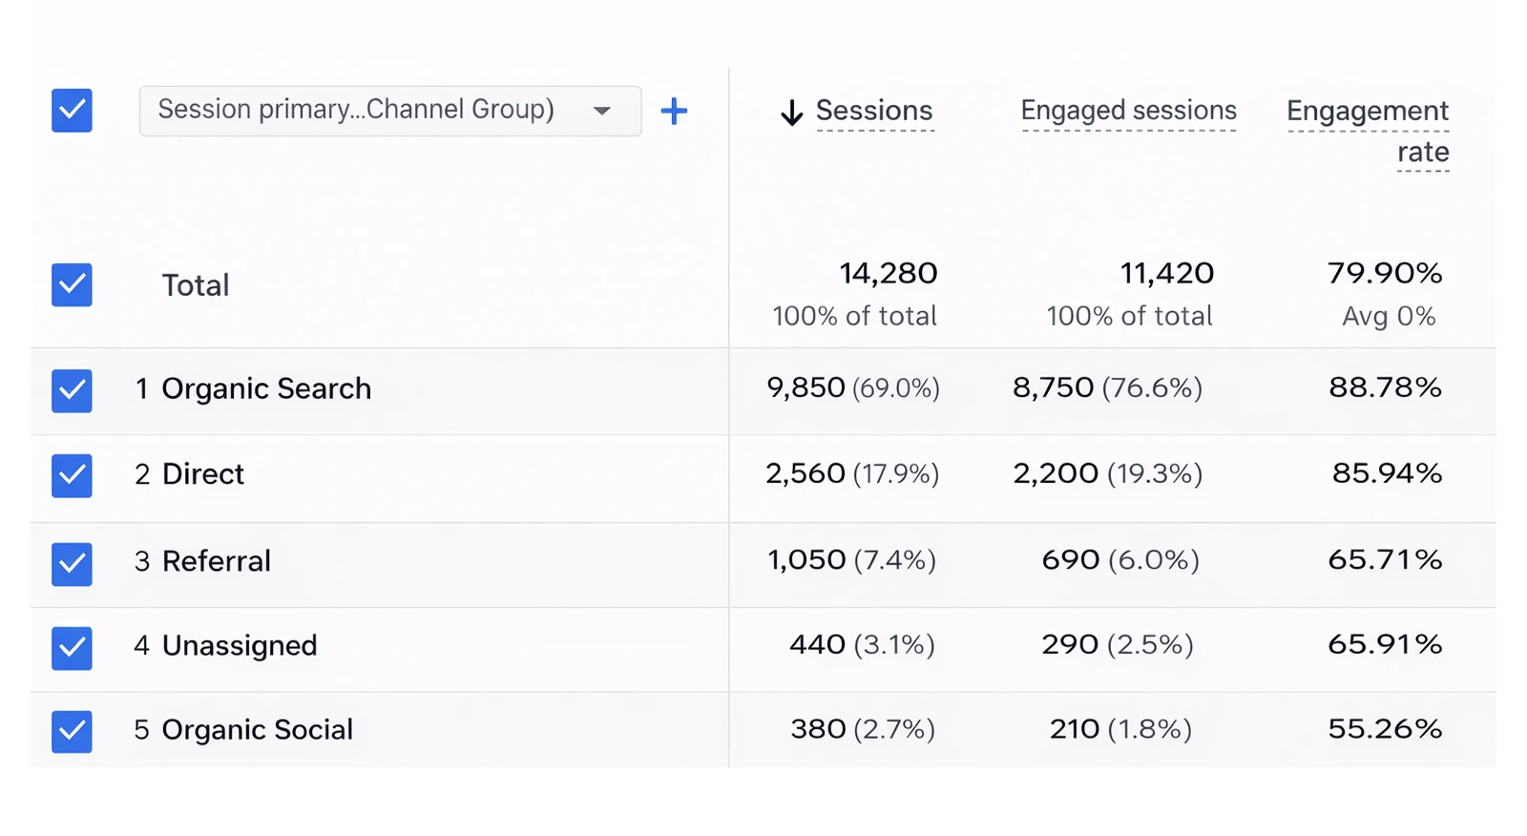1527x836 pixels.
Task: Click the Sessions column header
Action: click(x=873, y=111)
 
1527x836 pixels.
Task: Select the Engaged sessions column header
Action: click(x=1128, y=111)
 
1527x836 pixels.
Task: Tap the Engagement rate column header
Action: click(x=1367, y=130)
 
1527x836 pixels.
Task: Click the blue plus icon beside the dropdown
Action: click(x=674, y=111)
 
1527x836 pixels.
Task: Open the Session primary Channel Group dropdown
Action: click(x=389, y=111)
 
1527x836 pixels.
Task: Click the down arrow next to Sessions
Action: click(x=791, y=113)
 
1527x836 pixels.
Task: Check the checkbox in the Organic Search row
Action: click(x=72, y=390)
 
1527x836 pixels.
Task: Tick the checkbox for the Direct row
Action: click(x=72, y=475)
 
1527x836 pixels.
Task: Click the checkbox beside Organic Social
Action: click(x=72, y=731)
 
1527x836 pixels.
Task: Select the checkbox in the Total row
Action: click(x=72, y=284)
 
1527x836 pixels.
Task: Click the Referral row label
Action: click(x=216, y=561)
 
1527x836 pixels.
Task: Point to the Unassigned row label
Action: click(x=239, y=646)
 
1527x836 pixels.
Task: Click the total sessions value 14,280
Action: click(x=888, y=274)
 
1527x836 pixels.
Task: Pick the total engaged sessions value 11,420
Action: click(x=1166, y=274)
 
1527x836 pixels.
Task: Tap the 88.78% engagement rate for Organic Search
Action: click(x=1384, y=387)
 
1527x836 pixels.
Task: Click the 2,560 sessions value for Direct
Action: click(x=805, y=473)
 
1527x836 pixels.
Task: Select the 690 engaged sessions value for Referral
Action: click(x=1070, y=559)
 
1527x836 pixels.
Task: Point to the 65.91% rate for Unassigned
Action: click(x=1384, y=644)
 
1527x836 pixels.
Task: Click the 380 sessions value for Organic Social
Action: click(x=818, y=729)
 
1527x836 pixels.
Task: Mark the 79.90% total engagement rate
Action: click(x=1384, y=274)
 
